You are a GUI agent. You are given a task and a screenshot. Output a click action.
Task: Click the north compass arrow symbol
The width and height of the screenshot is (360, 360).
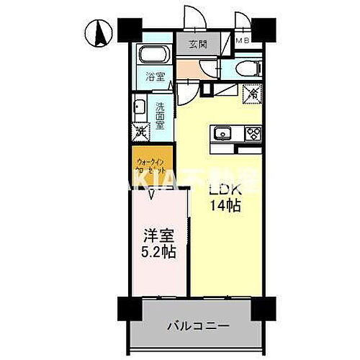click(x=99, y=32)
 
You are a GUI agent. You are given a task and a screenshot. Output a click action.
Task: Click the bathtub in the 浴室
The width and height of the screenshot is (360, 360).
click(x=152, y=55)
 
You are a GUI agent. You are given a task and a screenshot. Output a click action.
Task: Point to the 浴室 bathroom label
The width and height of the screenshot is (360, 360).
click(x=156, y=76)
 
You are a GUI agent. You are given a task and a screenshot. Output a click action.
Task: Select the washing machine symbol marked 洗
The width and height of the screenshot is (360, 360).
click(x=140, y=132)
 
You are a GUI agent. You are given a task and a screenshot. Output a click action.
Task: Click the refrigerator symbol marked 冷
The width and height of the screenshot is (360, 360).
click(x=253, y=94)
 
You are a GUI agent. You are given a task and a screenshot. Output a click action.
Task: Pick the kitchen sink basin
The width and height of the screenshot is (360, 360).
click(x=221, y=132)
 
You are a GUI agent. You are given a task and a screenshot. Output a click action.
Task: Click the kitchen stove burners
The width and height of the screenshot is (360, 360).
click(x=252, y=132)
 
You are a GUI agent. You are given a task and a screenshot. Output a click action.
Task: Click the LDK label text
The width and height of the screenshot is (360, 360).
click(x=225, y=191)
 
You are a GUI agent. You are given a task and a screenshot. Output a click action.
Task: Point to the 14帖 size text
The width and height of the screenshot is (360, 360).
click(x=225, y=207)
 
